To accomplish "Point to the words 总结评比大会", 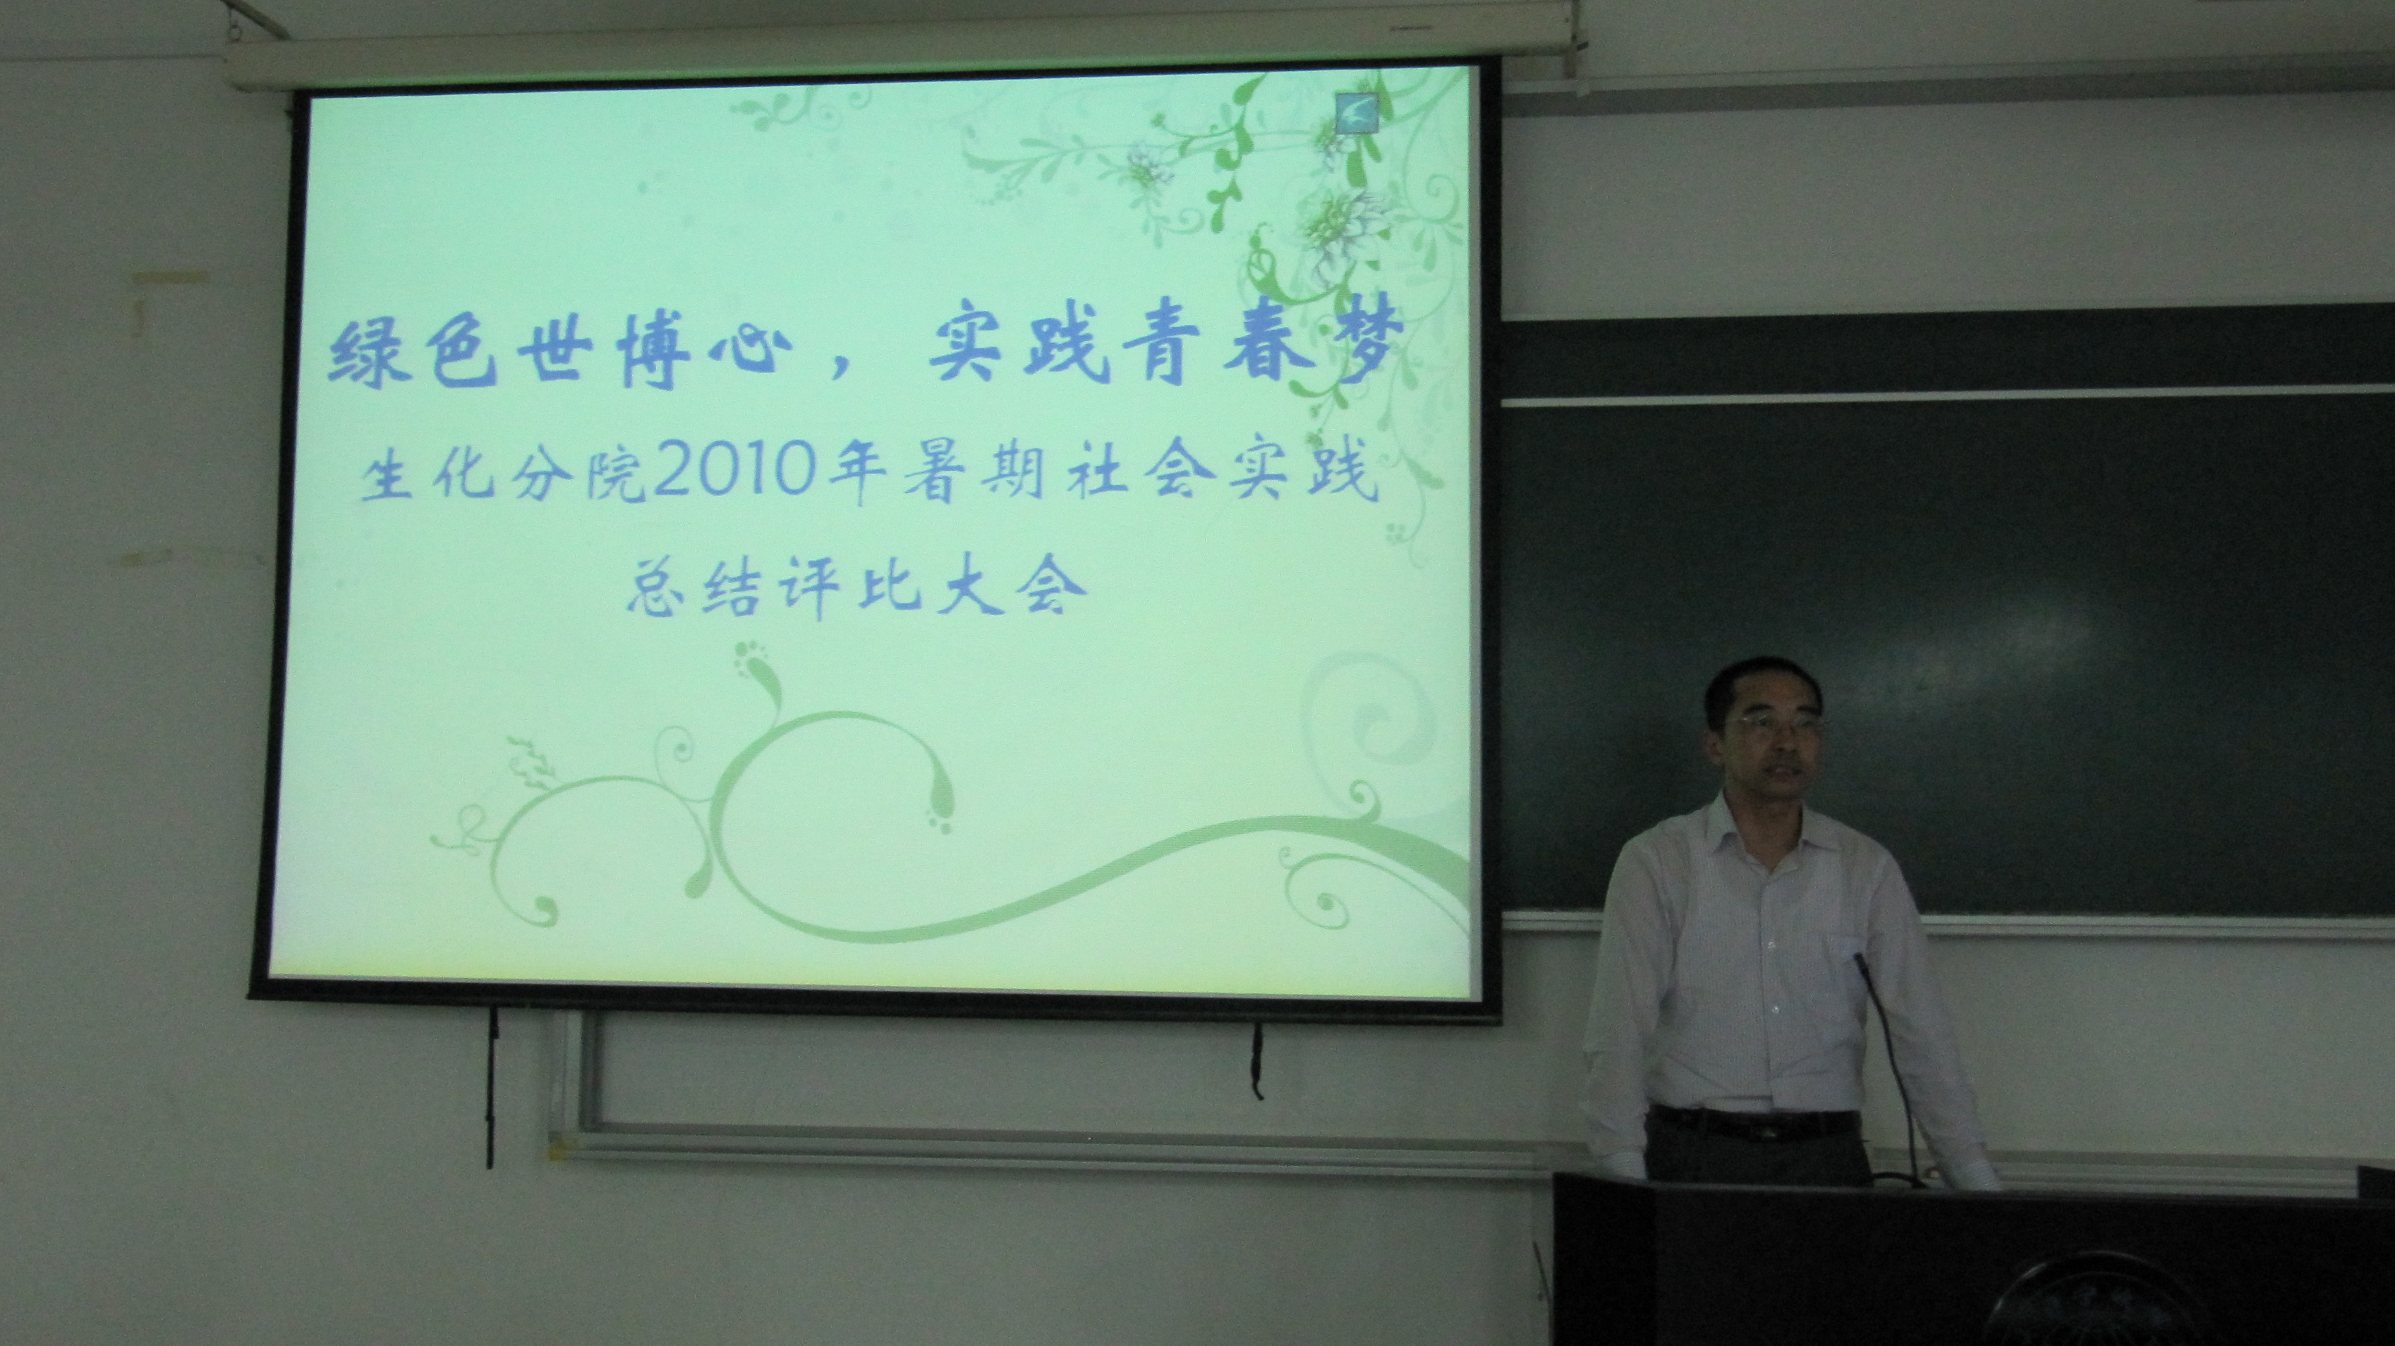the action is pyautogui.click(x=856, y=587).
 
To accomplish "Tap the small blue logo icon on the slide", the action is pyautogui.click(x=1356, y=113).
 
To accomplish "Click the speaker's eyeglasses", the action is pyautogui.click(x=1778, y=726).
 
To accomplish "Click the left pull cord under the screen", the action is pyautogui.click(x=491, y=1087).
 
